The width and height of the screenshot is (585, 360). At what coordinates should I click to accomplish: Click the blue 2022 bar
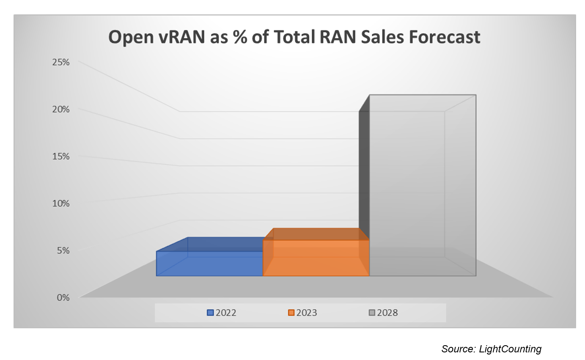(209, 263)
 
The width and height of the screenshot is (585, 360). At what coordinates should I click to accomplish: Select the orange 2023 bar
(316, 258)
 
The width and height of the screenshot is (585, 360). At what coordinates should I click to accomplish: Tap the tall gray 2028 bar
(407, 186)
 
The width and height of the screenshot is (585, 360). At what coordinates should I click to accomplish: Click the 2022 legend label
(226, 313)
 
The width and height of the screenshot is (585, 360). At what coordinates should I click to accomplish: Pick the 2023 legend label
(307, 313)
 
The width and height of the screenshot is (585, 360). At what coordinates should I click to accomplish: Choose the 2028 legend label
(387, 313)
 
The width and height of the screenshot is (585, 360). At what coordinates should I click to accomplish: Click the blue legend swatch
(210, 313)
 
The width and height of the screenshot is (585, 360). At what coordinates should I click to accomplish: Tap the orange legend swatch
(291, 313)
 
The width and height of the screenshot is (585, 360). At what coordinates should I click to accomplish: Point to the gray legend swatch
(372, 313)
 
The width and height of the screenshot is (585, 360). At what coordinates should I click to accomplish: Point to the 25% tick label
(60, 62)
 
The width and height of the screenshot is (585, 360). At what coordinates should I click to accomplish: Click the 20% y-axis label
(60, 109)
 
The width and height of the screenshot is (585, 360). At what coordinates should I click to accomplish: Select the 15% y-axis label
(60, 156)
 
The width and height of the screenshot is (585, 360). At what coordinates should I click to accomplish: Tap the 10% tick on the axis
(60, 203)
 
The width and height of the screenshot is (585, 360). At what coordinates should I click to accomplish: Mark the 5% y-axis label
(63, 250)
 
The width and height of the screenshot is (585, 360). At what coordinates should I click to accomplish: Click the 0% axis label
(63, 297)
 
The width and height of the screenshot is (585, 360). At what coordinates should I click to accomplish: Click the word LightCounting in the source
(510, 349)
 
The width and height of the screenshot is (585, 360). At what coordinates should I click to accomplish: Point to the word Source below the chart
(458, 349)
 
